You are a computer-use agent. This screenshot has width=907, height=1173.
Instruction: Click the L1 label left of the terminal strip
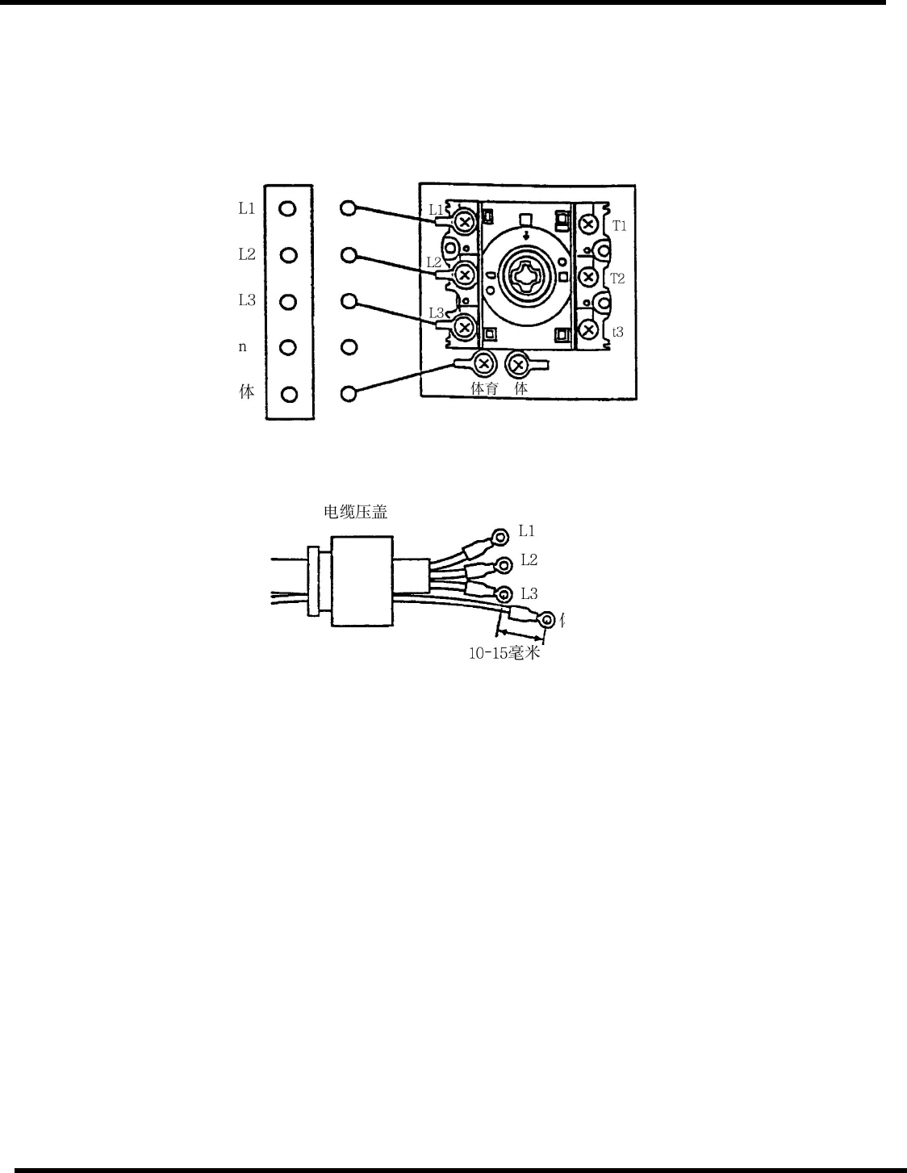[246, 208]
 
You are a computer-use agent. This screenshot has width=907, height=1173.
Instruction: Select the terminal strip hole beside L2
[288, 255]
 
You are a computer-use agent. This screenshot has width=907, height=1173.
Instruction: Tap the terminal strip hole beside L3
[288, 302]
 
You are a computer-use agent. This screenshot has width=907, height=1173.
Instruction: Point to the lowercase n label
[243, 347]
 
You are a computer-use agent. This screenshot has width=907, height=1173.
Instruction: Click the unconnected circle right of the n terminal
[349, 347]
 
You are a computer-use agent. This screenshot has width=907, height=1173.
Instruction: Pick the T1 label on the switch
[619, 226]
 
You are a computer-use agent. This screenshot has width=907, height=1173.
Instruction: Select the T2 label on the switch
[617, 279]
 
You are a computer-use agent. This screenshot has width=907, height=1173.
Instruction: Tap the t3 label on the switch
[617, 332]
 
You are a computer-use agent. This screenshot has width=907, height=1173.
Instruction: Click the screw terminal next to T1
[588, 224]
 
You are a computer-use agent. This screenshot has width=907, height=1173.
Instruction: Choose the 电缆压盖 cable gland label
[355, 512]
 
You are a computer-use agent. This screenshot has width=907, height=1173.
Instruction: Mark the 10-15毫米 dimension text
[504, 653]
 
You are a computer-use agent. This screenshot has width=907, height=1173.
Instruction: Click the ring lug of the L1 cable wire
[500, 537]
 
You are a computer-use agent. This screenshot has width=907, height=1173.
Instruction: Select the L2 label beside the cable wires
[529, 559]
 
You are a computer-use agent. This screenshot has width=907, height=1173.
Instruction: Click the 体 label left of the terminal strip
[247, 392]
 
